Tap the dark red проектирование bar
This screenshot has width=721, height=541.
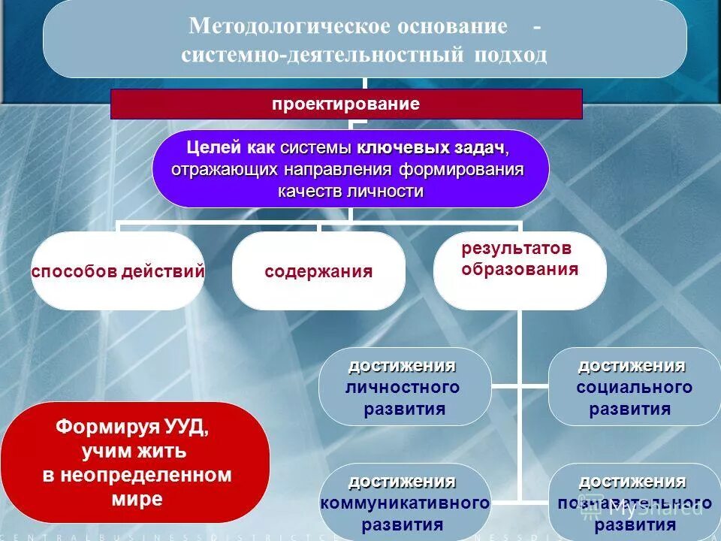(x=346, y=104)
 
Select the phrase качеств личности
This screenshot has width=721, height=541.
(x=351, y=191)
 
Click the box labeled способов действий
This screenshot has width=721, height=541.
(x=118, y=271)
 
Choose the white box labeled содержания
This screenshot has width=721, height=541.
(x=318, y=271)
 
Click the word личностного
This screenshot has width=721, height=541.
(x=403, y=388)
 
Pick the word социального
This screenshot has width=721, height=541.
(x=634, y=388)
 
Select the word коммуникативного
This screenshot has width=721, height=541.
(x=405, y=503)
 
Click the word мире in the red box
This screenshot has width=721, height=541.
(x=135, y=499)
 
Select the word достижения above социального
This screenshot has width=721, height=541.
(x=631, y=366)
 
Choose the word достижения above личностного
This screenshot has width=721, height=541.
(x=402, y=366)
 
